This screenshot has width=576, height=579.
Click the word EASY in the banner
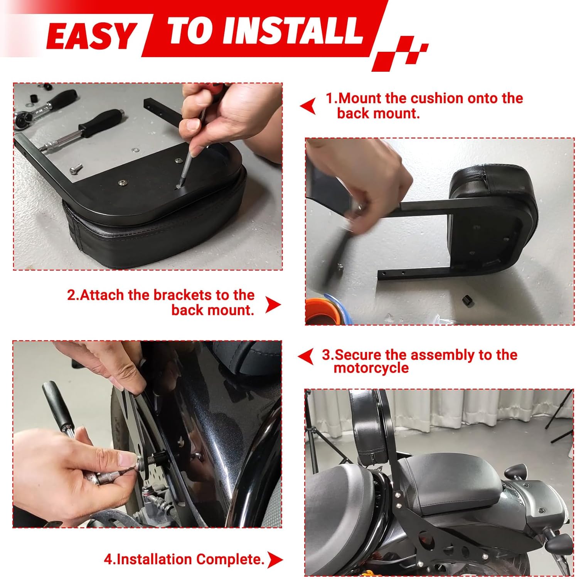[x=91, y=36]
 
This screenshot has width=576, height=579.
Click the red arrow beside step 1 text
[x=308, y=106]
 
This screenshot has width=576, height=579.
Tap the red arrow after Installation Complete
[x=275, y=560]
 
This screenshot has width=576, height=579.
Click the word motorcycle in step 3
[x=371, y=368]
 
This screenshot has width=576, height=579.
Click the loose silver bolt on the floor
[x=76, y=169]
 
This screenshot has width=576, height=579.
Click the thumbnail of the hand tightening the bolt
[x=147, y=434]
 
